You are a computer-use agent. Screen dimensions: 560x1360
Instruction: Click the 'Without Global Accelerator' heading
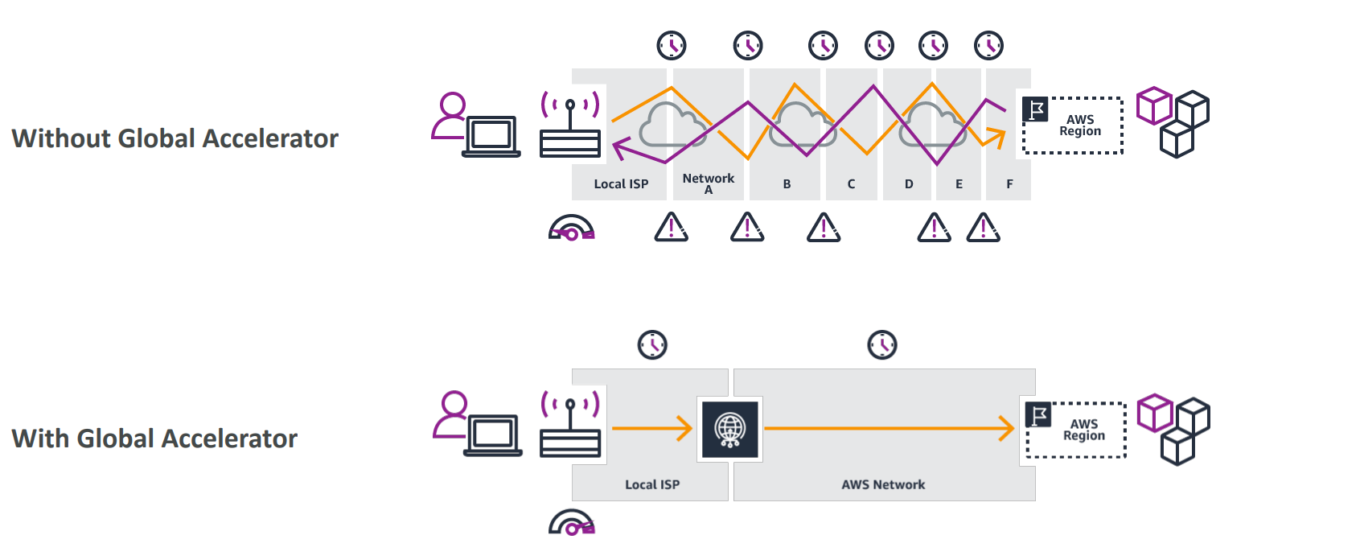click(175, 138)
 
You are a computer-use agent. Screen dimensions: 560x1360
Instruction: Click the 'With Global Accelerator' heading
click(154, 439)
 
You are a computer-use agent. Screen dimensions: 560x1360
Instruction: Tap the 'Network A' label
click(708, 183)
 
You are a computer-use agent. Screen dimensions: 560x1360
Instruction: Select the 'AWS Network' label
click(883, 484)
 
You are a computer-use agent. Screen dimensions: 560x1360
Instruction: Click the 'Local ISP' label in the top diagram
click(621, 184)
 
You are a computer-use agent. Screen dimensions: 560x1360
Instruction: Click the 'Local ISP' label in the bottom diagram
click(652, 484)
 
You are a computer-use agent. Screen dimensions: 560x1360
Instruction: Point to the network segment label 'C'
click(851, 184)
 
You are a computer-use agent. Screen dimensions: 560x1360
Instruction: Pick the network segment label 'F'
click(1009, 184)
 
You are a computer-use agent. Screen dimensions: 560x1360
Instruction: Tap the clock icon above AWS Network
click(882, 345)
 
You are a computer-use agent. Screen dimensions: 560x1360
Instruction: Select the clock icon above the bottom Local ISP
click(652, 345)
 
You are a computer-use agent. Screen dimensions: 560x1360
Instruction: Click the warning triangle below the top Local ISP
click(671, 228)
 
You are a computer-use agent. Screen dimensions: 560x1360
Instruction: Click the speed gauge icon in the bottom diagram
click(571, 523)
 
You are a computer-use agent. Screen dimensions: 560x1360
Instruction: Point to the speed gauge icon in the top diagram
click(571, 229)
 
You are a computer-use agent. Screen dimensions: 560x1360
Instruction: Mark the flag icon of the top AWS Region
click(1036, 109)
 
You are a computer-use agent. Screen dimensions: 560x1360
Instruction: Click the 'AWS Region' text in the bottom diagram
click(1083, 430)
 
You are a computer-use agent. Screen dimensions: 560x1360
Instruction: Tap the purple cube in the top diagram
click(1154, 105)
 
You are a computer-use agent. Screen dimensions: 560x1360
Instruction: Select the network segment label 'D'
click(909, 184)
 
